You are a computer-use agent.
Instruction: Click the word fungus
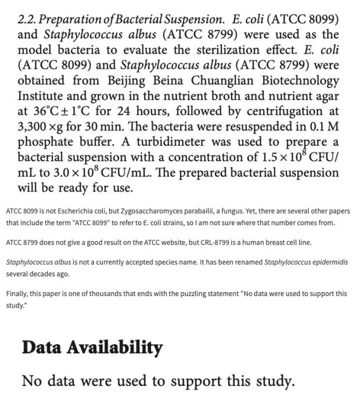tap(261, 211)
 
